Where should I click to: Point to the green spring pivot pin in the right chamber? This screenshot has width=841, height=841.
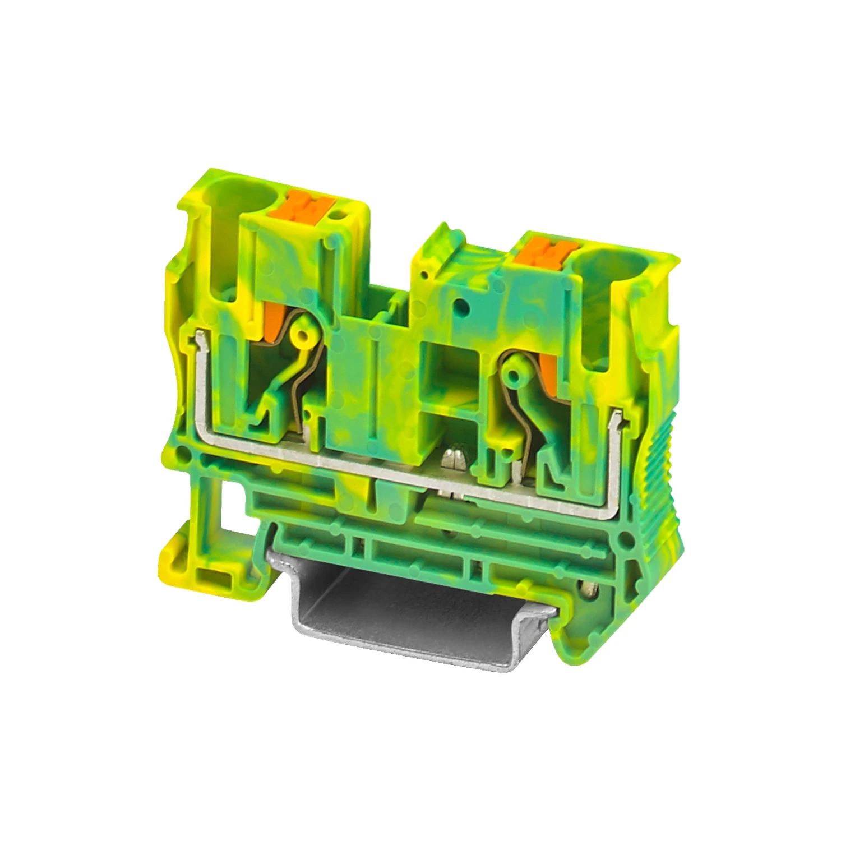tap(512, 373)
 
